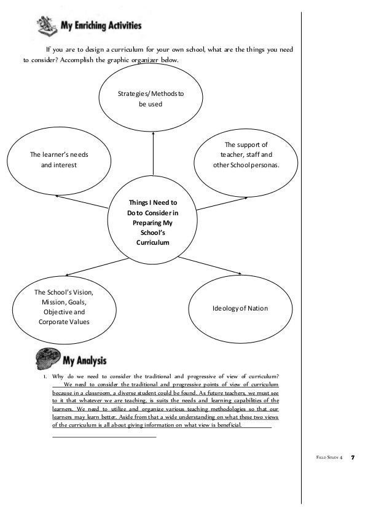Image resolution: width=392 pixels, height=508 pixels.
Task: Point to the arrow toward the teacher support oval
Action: tap(218, 203)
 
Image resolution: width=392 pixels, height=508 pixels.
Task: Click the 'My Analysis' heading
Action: tap(85, 359)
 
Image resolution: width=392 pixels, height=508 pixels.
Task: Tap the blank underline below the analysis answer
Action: tap(104, 436)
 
